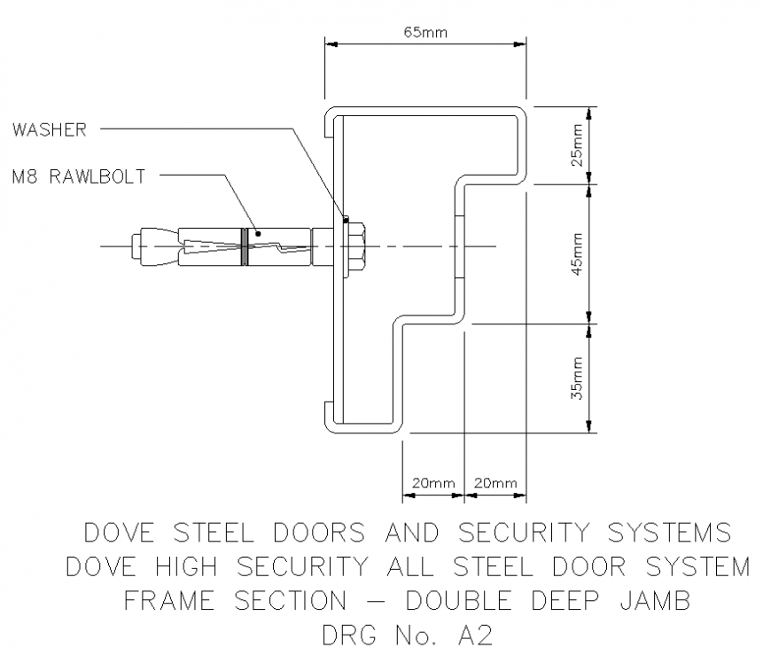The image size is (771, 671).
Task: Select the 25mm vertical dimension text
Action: pos(577,145)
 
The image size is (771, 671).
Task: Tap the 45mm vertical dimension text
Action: pos(577,254)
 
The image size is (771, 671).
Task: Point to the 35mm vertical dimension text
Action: pos(577,378)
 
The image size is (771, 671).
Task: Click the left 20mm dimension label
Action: pos(432,483)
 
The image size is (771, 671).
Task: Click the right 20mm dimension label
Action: pos(495,483)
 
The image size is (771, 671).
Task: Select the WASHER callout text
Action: pos(50,129)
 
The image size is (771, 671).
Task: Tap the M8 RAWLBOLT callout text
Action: pos(79,176)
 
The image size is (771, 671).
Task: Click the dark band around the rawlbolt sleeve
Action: pos(242,246)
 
